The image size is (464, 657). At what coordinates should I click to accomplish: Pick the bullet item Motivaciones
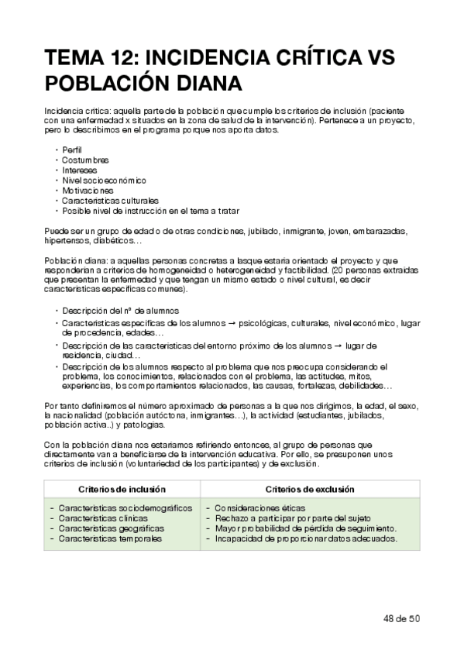click(x=88, y=189)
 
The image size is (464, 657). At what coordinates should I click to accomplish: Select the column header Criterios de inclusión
click(x=122, y=489)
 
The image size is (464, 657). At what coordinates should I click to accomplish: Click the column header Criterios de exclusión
click(x=310, y=489)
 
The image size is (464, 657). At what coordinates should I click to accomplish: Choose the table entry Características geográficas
click(x=111, y=528)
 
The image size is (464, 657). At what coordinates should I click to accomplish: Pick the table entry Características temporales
click(x=109, y=538)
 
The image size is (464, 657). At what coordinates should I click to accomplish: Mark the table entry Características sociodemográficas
click(x=125, y=507)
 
